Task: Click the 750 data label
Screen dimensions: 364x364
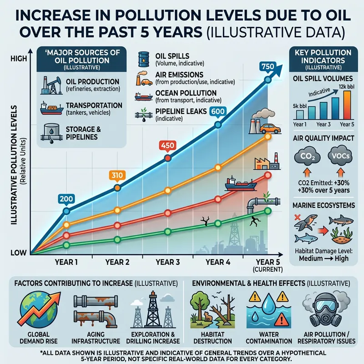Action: (x=268, y=66)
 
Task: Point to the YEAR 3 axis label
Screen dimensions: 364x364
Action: (x=168, y=262)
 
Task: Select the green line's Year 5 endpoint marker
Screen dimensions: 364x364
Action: (x=268, y=211)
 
